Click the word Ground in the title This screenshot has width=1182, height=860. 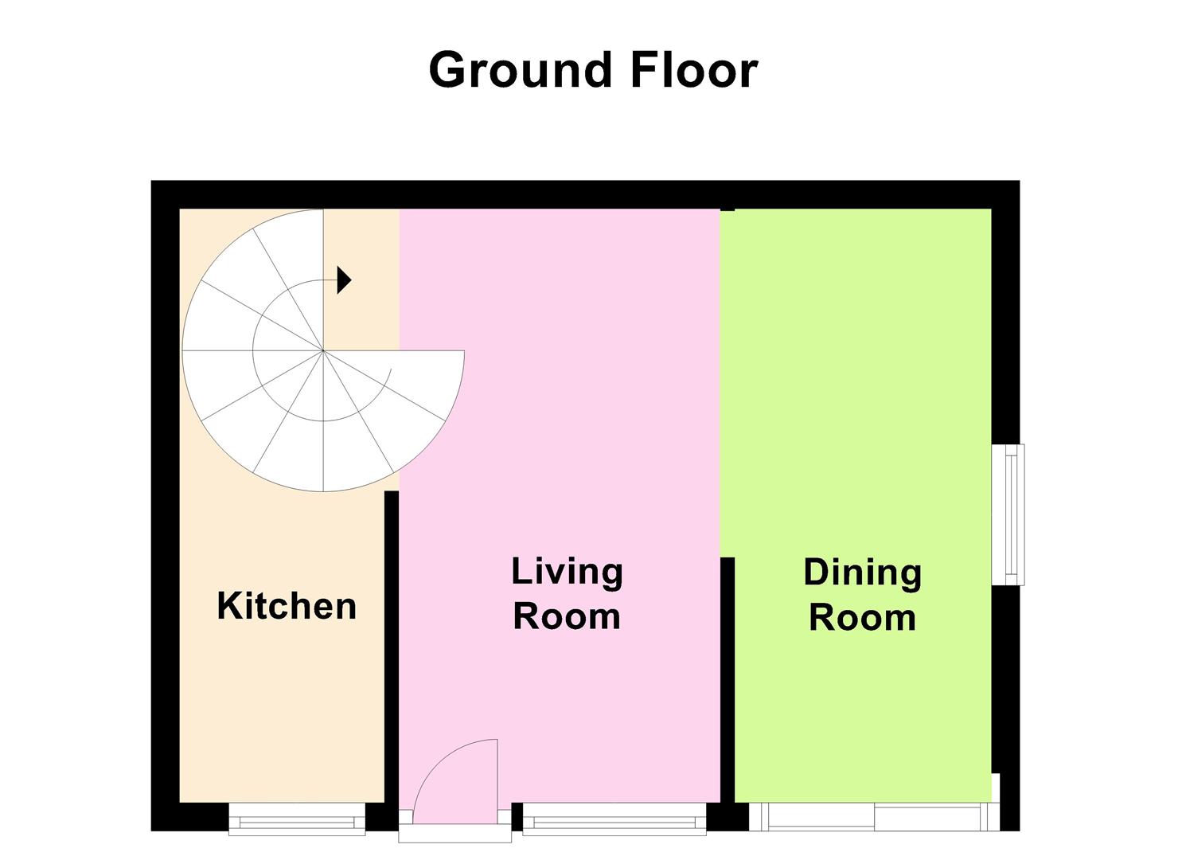(x=521, y=70)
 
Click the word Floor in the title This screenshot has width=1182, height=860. (x=694, y=70)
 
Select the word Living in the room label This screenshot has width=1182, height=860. (x=568, y=573)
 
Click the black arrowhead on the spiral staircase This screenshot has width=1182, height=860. (x=344, y=279)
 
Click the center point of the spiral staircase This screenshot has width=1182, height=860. (x=323, y=350)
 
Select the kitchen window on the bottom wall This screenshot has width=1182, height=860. (x=297, y=819)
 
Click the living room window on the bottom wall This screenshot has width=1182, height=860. (x=614, y=819)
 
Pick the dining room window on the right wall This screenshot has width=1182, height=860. (x=1008, y=514)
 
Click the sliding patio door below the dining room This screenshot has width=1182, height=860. (x=875, y=817)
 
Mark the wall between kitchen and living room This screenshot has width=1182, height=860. (x=391, y=647)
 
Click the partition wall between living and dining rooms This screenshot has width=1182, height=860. (x=728, y=680)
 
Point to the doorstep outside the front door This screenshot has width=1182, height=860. (x=454, y=834)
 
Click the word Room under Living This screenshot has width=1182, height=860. (x=568, y=616)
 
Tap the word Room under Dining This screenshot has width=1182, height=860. (x=862, y=618)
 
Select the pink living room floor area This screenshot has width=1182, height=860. (x=560, y=422)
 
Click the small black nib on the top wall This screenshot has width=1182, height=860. (x=728, y=209)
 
